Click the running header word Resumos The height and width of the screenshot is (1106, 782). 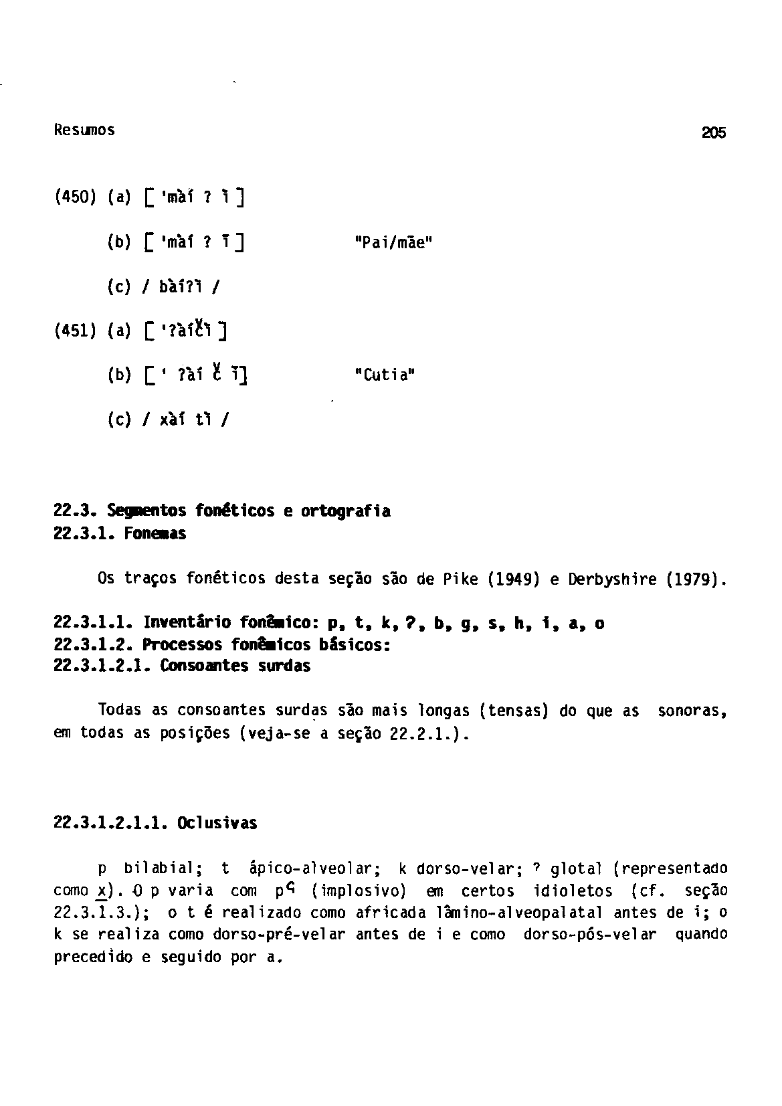click(84, 130)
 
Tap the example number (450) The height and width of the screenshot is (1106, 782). click(76, 198)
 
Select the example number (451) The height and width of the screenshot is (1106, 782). click(76, 331)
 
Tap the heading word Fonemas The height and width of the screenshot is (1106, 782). click(155, 534)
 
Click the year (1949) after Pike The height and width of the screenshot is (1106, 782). click(512, 578)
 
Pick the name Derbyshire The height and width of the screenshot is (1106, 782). click(610, 578)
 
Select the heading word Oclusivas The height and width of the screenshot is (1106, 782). click(217, 823)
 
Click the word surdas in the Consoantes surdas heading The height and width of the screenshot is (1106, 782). click(284, 666)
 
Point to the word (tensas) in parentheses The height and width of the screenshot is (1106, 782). click(514, 710)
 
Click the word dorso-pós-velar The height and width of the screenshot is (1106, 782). click(590, 935)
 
